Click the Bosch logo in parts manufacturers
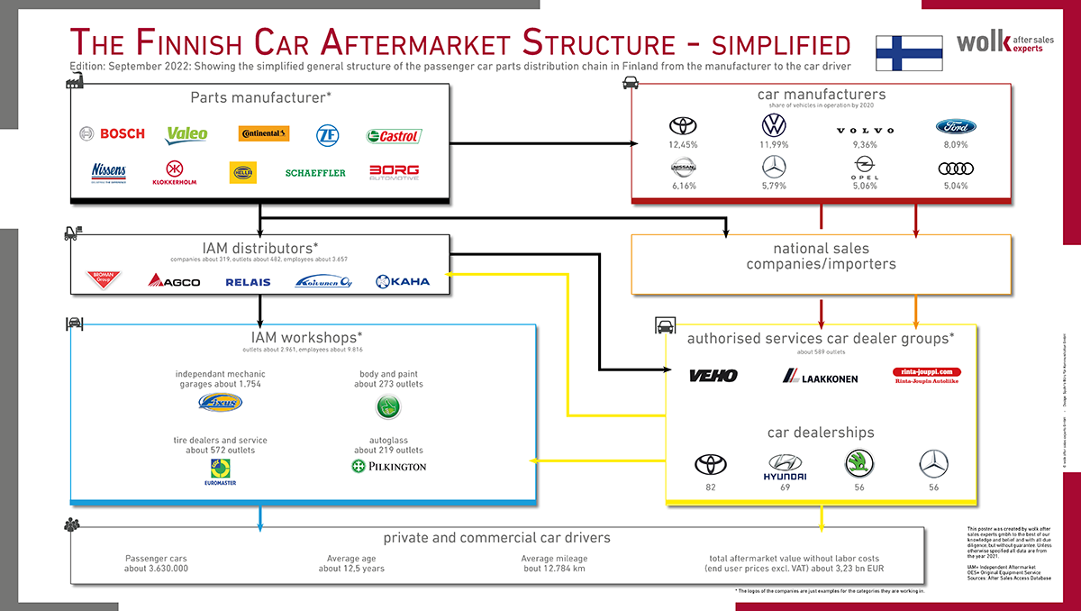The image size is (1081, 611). coord(112,133)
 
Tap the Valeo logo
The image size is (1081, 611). coord(186,133)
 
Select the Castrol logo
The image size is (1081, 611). coord(394,136)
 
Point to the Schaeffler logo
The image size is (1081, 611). coord(315,172)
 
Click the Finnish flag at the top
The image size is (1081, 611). coord(909,53)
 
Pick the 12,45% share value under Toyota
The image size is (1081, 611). coord(684,145)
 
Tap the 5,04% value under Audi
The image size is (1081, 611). coord(956,186)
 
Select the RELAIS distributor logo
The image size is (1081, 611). coord(248,282)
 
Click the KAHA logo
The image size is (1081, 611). coord(403,281)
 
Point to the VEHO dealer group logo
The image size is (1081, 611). coord(713,376)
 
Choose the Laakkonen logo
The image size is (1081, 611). coord(820,377)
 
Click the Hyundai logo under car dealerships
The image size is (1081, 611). coord(785,468)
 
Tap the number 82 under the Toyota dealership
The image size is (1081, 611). coord(711,488)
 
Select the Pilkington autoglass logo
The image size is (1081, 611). coord(388,466)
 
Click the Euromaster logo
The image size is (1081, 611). coord(220,471)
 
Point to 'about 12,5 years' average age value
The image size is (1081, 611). coord(350,569)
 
